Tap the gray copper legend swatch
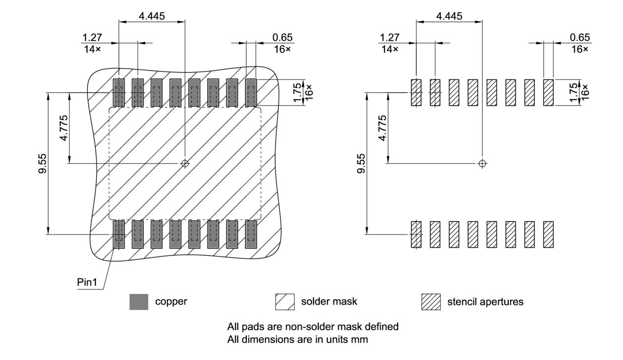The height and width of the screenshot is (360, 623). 139,302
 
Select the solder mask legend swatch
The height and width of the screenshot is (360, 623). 285,302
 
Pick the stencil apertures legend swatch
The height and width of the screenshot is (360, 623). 430,302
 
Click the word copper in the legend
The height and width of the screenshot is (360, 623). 171,302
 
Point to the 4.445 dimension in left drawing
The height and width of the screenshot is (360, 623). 151,16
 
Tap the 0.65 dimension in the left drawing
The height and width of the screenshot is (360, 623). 283,37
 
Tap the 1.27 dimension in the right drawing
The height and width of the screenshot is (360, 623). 389,37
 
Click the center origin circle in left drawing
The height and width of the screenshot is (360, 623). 184,163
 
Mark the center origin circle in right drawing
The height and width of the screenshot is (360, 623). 482,163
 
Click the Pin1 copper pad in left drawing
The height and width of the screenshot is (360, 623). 119,234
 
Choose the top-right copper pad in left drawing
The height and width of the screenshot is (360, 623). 251,92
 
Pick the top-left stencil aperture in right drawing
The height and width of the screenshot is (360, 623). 416,92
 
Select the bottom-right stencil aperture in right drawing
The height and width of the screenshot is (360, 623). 548,234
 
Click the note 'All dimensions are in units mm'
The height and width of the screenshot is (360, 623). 297,340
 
